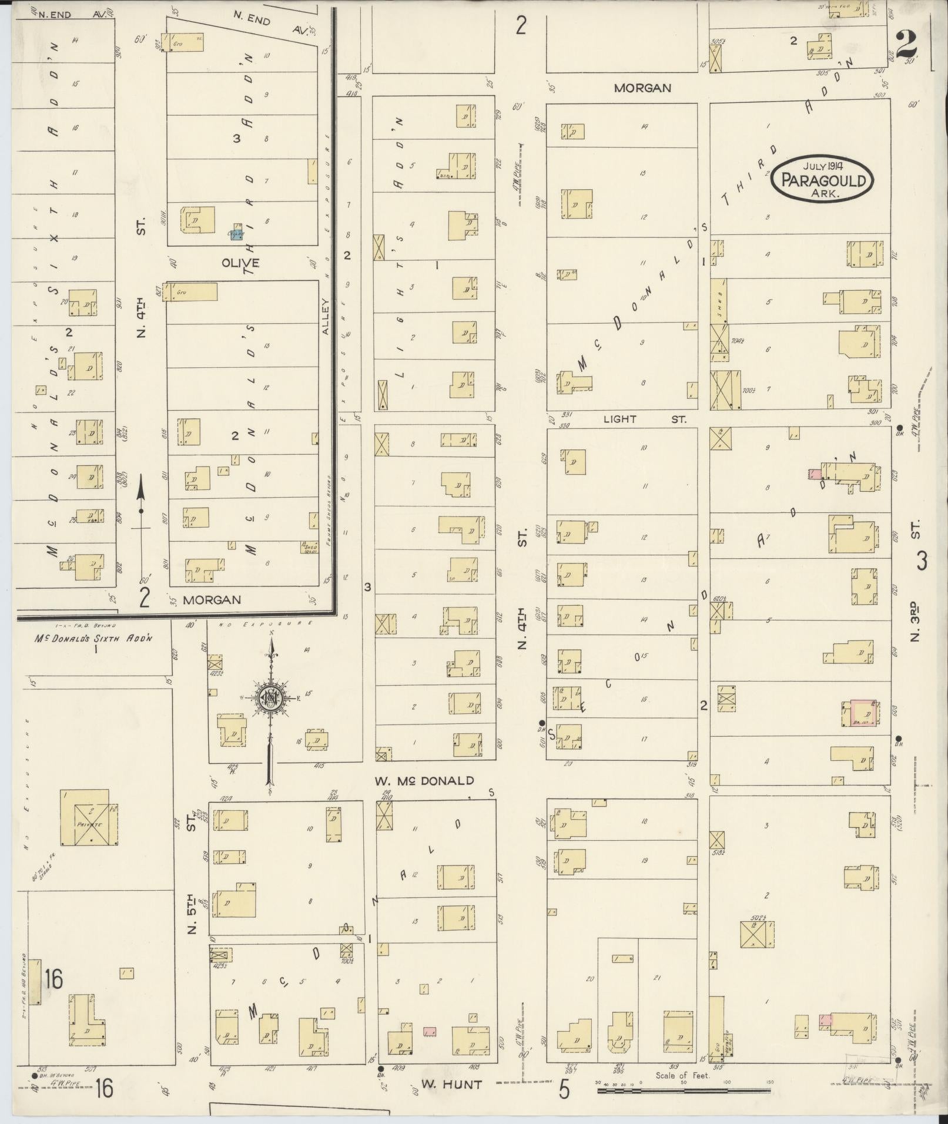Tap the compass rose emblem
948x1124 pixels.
271,697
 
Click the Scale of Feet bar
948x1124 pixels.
684,1091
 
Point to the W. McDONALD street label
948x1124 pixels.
425,781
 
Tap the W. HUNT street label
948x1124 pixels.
451,1085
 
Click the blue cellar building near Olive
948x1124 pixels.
236,235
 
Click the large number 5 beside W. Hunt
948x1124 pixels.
564,1091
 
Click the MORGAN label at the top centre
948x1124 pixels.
642,88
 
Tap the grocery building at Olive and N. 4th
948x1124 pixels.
191,291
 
